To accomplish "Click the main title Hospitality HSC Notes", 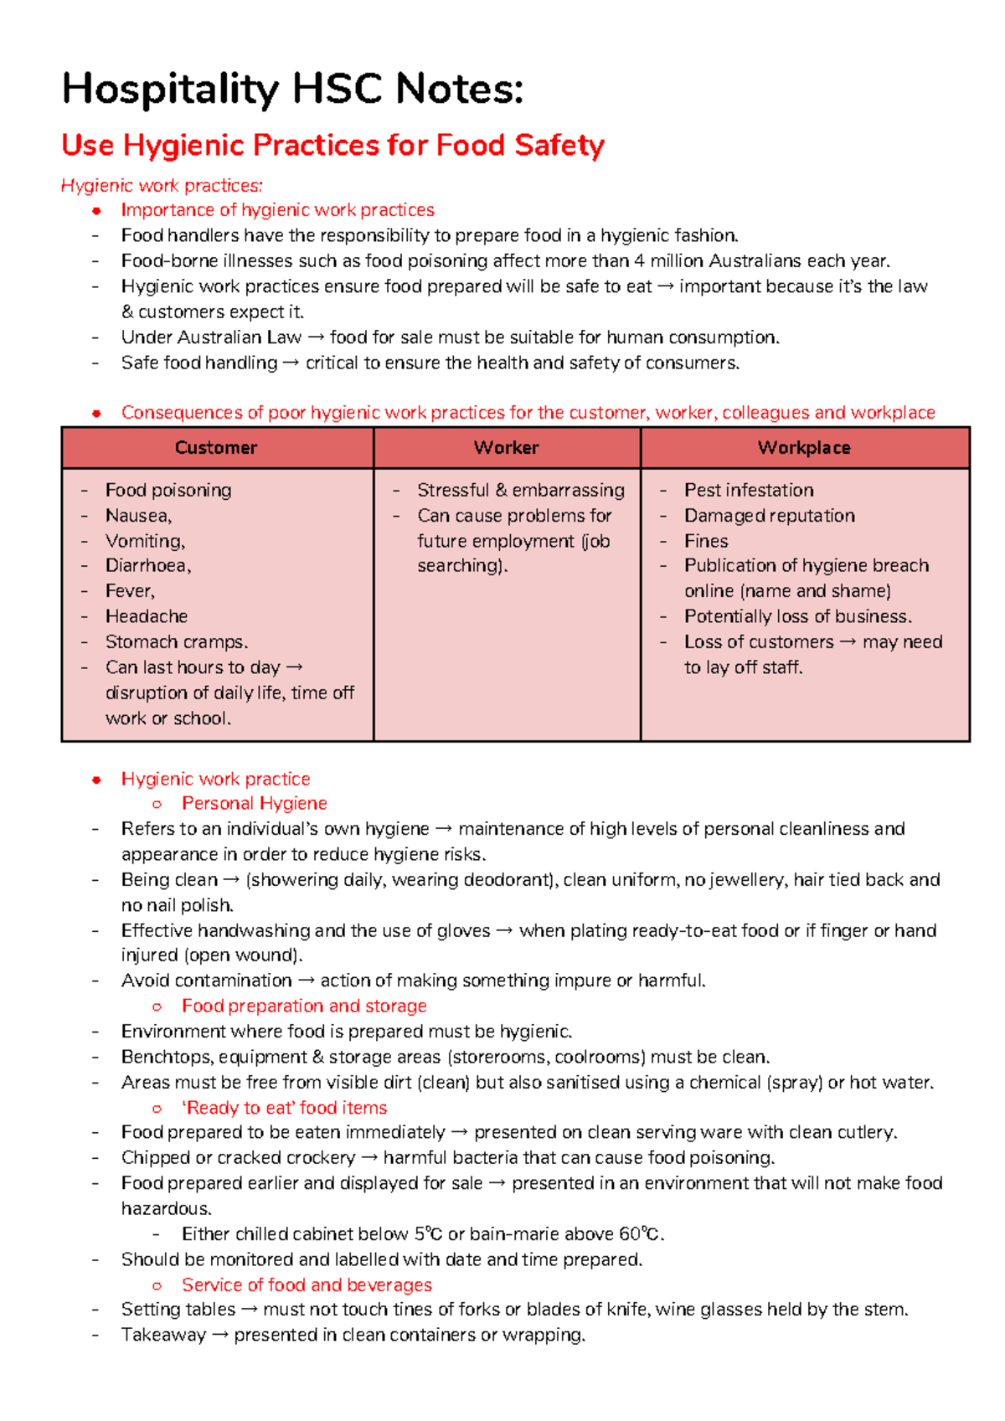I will (292, 89).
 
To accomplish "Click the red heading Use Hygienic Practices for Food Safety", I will (332, 145).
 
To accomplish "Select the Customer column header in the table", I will (216, 448).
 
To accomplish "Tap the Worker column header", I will (506, 448).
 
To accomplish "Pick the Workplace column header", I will (804, 448).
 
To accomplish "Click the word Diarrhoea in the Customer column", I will (147, 566).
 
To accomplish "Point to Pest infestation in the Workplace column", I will (749, 490).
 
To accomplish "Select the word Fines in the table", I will (706, 541).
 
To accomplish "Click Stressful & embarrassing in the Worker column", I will (520, 490).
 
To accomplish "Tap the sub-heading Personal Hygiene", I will (254, 803).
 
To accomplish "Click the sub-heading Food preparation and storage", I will (304, 1006).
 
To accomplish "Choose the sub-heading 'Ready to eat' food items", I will (284, 1108).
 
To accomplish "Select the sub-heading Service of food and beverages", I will (307, 1285).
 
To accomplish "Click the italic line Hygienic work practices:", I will (162, 185).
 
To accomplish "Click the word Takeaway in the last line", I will (163, 1335).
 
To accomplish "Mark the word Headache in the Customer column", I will (147, 616).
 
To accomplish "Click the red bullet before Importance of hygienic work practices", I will (96, 210).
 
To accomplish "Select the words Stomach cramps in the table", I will (176, 642).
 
